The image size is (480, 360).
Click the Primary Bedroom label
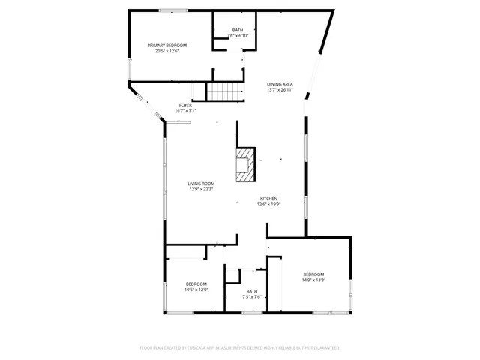click(166, 46)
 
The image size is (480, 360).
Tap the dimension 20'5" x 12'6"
click(166, 51)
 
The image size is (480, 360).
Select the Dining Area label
click(280, 84)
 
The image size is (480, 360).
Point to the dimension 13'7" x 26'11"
click(280, 90)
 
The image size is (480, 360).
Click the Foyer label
click(185, 105)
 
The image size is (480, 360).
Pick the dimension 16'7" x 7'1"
click(185, 111)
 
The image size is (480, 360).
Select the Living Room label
click(201, 184)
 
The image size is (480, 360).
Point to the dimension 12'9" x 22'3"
click(201, 190)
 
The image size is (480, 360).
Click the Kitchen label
click(268, 199)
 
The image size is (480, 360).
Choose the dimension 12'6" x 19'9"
click(268, 205)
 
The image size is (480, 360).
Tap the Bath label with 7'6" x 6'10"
click(237, 30)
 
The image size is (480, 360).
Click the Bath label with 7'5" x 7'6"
click(252, 291)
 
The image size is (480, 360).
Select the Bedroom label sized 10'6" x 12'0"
click(196, 283)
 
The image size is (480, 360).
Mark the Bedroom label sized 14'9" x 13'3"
click(313, 274)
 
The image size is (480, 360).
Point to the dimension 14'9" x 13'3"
click(313, 280)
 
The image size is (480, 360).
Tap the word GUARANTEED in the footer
click(324, 348)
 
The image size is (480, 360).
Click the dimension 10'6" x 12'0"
click(196, 289)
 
